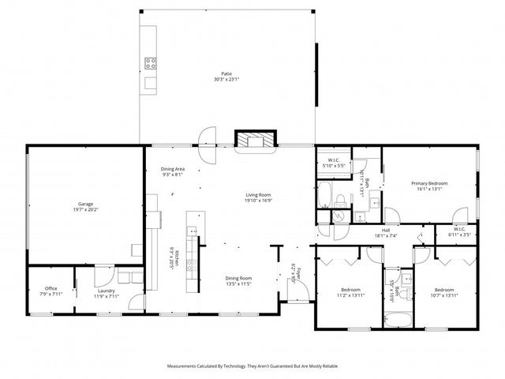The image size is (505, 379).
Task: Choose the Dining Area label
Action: [173, 169]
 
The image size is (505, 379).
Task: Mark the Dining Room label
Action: [239, 278]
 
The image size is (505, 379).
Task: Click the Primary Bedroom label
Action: [430, 183]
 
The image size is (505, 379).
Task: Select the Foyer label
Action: [294, 271]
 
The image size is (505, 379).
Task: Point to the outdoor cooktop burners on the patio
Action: [149, 62]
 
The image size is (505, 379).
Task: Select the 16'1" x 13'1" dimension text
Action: [430, 189]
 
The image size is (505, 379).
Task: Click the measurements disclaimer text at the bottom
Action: [251, 366]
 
